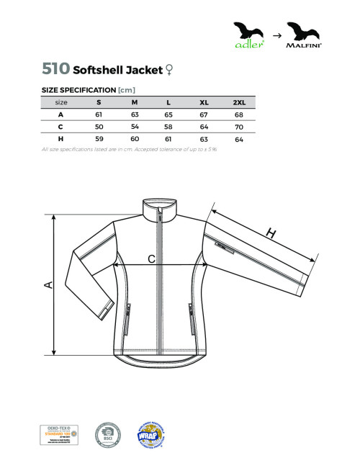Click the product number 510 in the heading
[x=56, y=69]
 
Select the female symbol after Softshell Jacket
[x=169, y=70]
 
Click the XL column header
[x=204, y=102]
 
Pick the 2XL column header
[x=239, y=102]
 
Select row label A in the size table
[x=61, y=114]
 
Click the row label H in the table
[x=61, y=138]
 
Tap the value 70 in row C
[x=239, y=126]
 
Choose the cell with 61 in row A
[x=99, y=114]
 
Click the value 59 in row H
[x=99, y=138]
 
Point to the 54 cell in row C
[x=134, y=126]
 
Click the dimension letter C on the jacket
[x=151, y=258]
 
